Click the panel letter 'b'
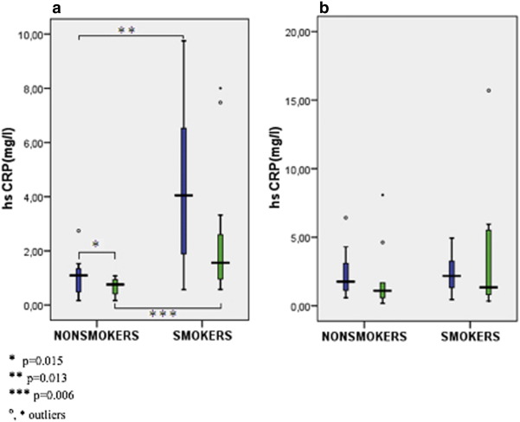(x=275, y=8)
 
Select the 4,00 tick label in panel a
(x=37, y=196)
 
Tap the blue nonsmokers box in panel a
(x=78, y=279)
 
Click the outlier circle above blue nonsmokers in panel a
(x=78, y=231)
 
